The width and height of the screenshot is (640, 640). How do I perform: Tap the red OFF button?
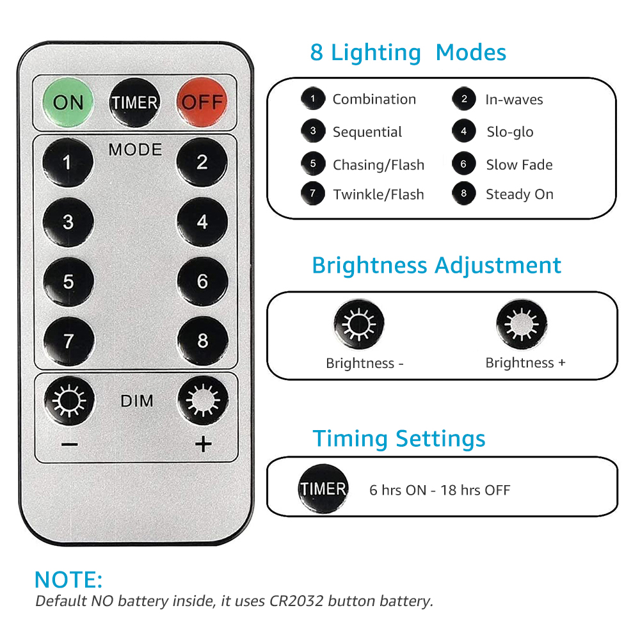[x=202, y=102]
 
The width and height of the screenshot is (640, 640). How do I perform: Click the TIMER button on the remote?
[x=134, y=102]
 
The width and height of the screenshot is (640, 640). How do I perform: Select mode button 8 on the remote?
[x=203, y=341]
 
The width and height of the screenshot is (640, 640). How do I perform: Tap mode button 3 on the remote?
[x=68, y=222]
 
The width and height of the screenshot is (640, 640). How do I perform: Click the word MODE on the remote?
[x=136, y=150]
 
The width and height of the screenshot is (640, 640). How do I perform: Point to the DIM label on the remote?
[x=137, y=401]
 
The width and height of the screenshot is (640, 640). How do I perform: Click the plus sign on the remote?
[x=204, y=444]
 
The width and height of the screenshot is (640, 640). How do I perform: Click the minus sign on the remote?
[x=69, y=444]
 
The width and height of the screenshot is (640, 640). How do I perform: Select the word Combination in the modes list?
[x=374, y=99]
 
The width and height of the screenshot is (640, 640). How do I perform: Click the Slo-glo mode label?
[x=510, y=132]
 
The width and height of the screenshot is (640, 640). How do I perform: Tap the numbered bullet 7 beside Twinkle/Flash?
[x=313, y=193]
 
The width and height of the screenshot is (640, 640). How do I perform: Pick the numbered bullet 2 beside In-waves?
[x=464, y=99]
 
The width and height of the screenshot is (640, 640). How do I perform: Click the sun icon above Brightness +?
[x=522, y=324]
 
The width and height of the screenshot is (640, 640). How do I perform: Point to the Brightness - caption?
[x=365, y=364]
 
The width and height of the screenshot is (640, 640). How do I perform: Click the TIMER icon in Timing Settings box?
[x=323, y=488]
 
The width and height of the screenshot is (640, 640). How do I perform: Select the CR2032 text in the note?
[x=296, y=601]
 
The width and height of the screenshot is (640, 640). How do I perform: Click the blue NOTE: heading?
[x=68, y=580]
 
